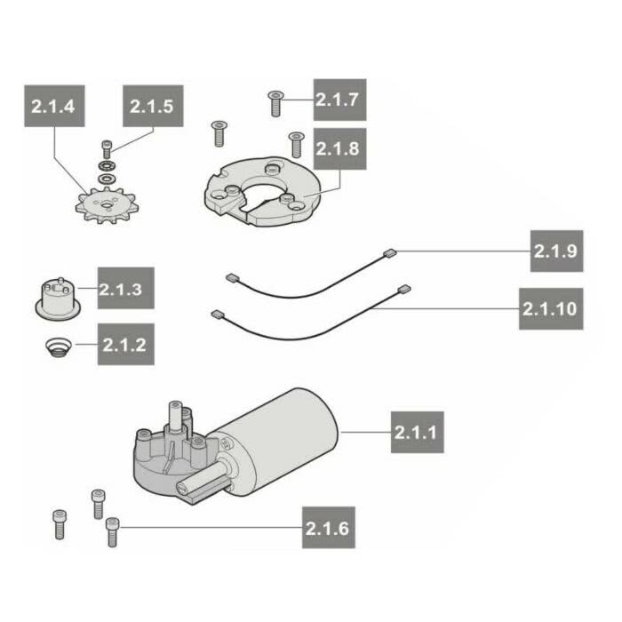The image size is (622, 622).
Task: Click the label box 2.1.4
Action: pyautogui.click(x=54, y=106)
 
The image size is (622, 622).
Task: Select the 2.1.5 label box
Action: pyautogui.click(x=153, y=106)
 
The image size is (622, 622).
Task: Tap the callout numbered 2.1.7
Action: pyautogui.click(x=339, y=100)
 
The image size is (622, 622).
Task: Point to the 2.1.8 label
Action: pyautogui.click(x=339, y=148)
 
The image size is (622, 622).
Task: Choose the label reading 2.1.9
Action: pyautogui.click(x=556, y=251)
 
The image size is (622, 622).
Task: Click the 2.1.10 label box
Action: pyautogui.click(x=551, y=308)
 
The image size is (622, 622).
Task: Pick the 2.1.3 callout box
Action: pyautogui.click(x=126, y=288)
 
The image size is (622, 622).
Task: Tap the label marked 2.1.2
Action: pyautogui.click(x=126, y=344)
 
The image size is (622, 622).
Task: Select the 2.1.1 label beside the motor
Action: pyautogui.click(x=418, y=432)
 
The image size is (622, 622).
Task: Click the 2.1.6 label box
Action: pyautogui.click(x=329, y=527)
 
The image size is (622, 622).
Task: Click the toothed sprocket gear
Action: pyautogui.click(x=106, y=205)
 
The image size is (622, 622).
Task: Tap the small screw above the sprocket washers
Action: pyautogui.click(x=107, y=149)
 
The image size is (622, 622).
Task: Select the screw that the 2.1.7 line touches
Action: pyautogui.click(x=275, y=104)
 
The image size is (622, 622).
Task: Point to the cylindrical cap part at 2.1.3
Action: pyautogui.click(x=59, y=299)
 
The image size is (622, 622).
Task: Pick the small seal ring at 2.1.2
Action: pyautogui.click(x=58, y=348)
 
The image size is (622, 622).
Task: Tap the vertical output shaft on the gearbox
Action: pyautogui.click(x=175, y=416)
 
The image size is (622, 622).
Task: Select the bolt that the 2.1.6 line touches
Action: pyautogui.click(x=112, y=532)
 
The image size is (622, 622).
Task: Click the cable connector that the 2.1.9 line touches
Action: pyautogui.click(x=390, y=253)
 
